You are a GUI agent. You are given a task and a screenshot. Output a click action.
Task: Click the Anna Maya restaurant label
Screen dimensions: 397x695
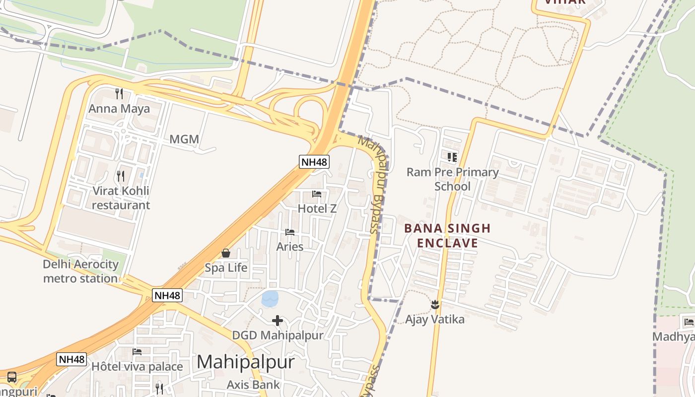119,109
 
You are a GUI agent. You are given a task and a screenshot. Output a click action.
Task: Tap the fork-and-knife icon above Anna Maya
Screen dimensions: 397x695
119,93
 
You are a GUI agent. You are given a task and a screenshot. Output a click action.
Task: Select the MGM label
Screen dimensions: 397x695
184,139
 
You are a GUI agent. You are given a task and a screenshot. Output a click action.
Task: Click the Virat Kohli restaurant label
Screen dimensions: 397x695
121,198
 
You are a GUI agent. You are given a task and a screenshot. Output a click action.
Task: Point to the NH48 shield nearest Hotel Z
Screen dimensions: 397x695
314,161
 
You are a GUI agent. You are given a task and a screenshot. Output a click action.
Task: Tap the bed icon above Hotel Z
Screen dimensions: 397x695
317,194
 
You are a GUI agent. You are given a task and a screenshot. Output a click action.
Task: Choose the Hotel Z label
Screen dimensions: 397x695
317,209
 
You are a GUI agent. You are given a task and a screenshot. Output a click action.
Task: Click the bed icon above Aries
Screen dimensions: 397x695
290,232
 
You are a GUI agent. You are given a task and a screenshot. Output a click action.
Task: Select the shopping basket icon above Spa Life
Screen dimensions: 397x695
226,253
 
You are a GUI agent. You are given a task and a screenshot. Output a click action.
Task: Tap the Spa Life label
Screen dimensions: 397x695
226,268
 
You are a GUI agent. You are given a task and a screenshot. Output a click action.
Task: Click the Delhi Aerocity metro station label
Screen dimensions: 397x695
80,271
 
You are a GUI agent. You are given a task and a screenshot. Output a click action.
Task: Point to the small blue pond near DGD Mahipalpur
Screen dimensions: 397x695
270,298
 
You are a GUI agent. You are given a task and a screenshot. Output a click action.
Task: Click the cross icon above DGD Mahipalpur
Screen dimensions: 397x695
278,321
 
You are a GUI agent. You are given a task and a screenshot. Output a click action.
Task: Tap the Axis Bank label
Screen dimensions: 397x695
253,385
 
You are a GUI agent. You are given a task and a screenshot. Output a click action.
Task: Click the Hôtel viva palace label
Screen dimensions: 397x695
137,367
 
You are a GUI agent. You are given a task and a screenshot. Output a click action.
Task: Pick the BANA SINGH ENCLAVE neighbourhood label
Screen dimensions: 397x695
447,236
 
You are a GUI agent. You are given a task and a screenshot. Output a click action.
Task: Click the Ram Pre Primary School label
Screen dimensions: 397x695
452,179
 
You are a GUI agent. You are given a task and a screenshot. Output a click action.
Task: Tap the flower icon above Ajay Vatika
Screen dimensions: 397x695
435,304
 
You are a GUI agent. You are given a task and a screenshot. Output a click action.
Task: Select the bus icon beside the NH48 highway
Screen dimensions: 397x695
12,377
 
